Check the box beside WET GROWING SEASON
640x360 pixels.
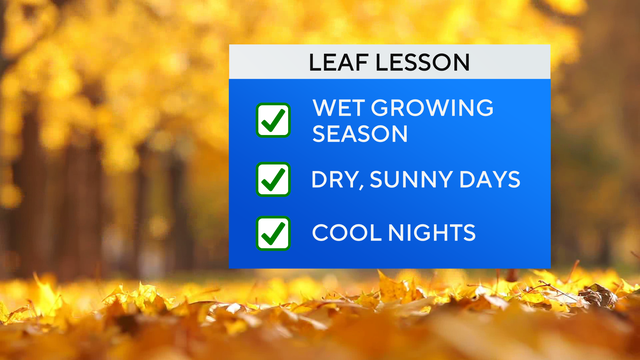pos(273,120)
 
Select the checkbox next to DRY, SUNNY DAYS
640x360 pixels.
pos(273,180)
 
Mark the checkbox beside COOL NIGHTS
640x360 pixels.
pos(273,234)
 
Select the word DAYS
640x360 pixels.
pos(491,180)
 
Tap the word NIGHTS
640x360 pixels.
pos(431,234)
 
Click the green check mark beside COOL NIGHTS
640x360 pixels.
pos(273,233)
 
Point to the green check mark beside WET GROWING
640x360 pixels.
pos(273,119)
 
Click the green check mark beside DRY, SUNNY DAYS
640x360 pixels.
pos(273,179)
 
